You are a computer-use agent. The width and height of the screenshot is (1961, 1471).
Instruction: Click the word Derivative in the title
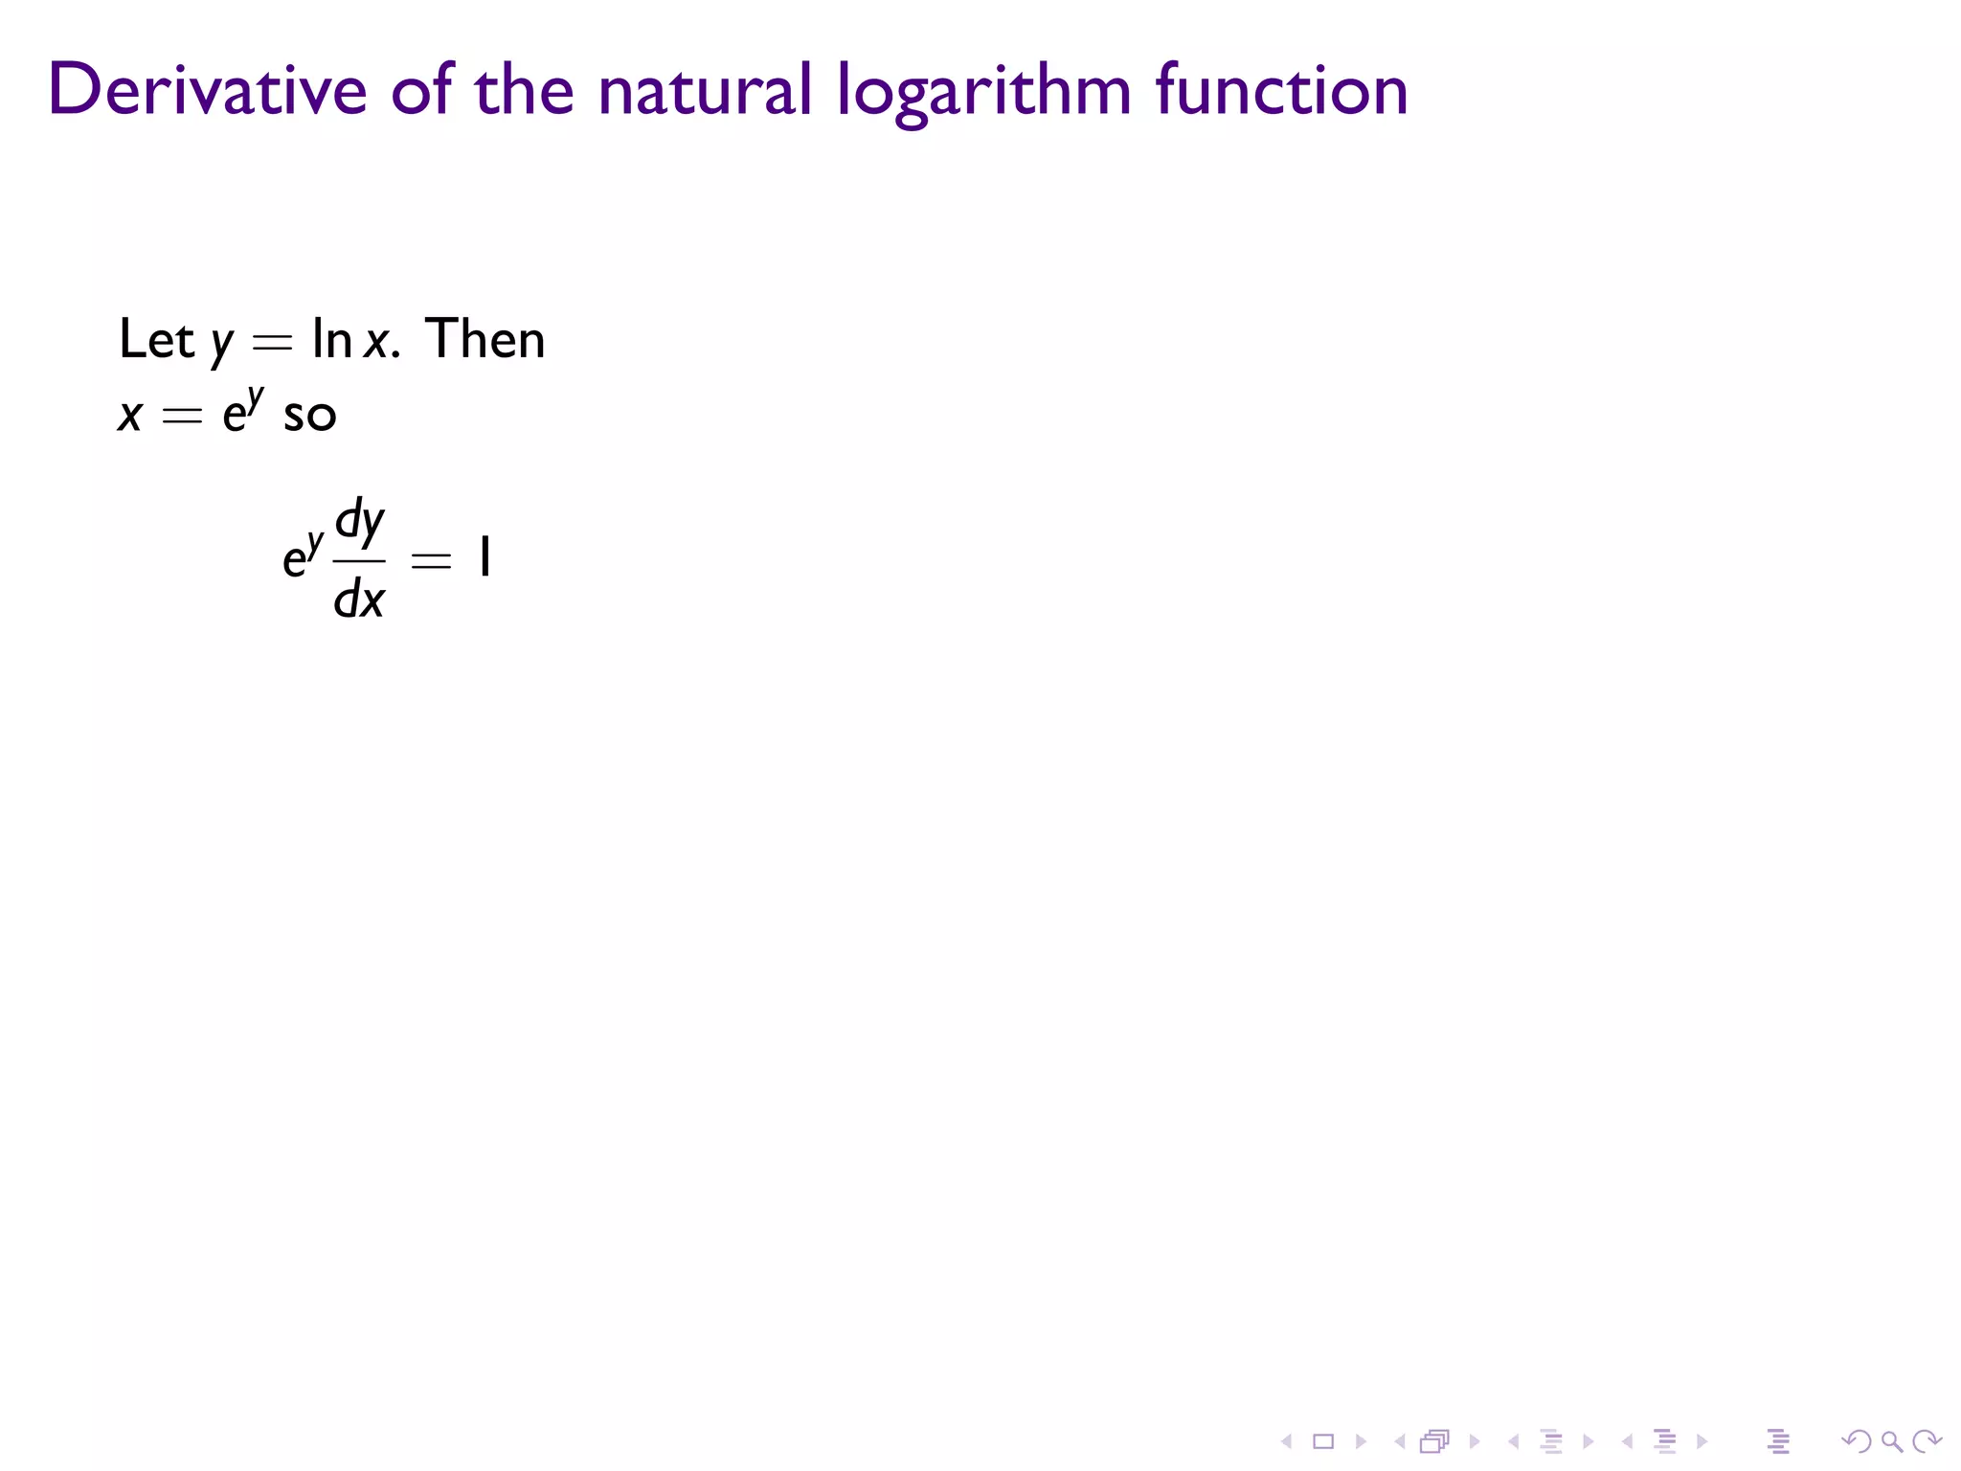tap(207, 90)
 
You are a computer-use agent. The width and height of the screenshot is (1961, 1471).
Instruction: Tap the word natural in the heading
tap(705, 90)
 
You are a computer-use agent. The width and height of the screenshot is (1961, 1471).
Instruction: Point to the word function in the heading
tap(1281, 90)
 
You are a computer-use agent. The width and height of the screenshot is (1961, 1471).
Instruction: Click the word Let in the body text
tap(155, 339)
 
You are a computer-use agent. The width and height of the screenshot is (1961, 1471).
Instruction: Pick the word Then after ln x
tap(485, 339)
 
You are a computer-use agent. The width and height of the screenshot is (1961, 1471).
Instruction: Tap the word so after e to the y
tap(309, 416)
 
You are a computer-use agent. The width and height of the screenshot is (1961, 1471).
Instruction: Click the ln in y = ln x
tap(331, 339)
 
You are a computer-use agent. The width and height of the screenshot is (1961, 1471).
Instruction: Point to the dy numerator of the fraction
tap(360, 522)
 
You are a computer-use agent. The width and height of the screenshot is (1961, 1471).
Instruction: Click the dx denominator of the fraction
tap(359, 600)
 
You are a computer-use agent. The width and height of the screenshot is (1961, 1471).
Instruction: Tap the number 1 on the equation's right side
tap(485, 558)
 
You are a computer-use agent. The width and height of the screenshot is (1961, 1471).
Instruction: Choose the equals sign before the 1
tap(430, 561)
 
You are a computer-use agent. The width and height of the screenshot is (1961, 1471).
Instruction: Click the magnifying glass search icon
tap(1891, 1440)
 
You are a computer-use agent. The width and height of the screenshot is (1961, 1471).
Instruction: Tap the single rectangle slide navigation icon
tap(1323, 1440)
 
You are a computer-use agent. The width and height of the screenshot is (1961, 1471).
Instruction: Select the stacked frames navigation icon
tap(1434, 1440)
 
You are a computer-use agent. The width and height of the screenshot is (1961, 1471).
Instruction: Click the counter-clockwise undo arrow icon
tap(1856, 1440)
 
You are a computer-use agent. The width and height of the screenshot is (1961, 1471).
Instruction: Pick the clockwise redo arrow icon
tap(1926, 1440)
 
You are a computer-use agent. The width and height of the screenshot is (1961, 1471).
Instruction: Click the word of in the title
tap(421, 90)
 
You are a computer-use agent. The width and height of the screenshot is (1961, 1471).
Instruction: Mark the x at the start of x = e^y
tap(130, 416)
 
